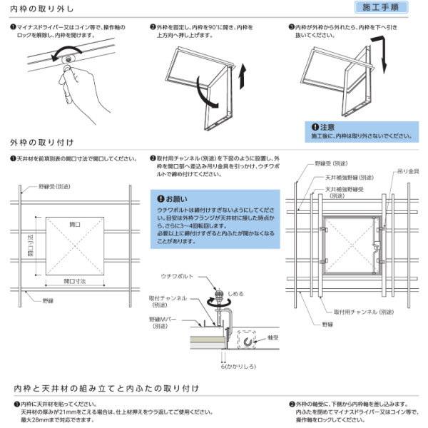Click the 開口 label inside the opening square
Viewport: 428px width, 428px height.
tap(75, 224)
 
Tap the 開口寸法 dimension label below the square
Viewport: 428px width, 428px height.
tap(74, 281)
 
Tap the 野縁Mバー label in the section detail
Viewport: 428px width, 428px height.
tap(165, 322)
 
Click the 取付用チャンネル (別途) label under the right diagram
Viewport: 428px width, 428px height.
tap(364, 312)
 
